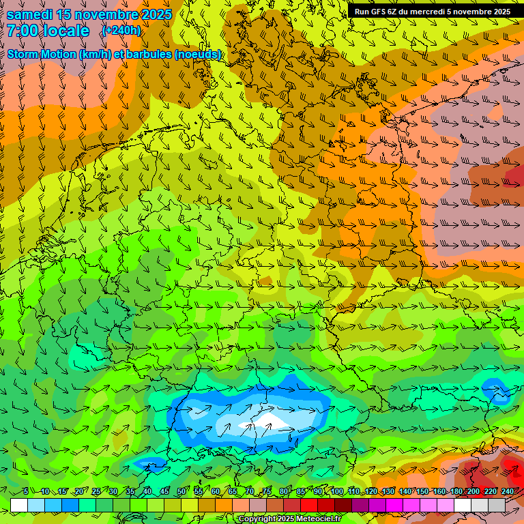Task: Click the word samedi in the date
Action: (31, 14)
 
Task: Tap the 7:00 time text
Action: (23, 31)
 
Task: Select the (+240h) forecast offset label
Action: (121, 31)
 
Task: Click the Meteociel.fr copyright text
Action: (289, 519)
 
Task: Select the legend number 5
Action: (26, 492)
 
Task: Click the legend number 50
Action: (181, 492)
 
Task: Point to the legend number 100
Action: (336, 492)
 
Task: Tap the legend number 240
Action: (507, 492)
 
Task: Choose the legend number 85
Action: (301, 492)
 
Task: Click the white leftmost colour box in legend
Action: (19, 505)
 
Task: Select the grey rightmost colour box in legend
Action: (497, 505)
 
